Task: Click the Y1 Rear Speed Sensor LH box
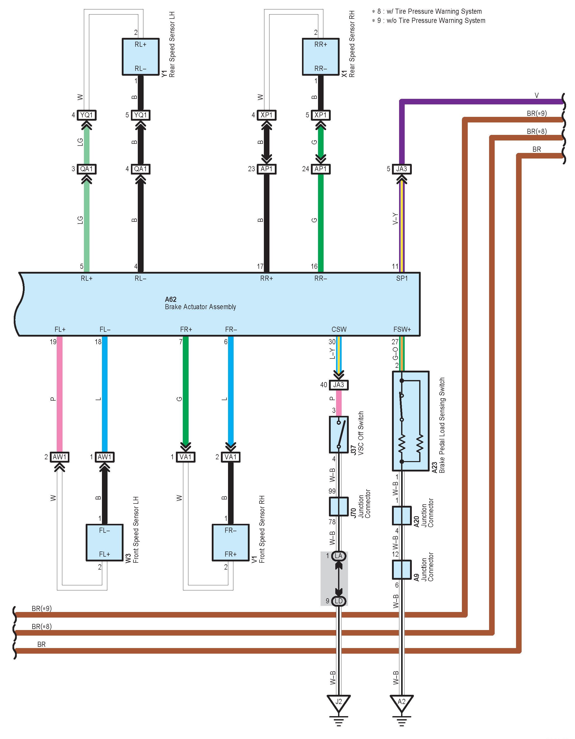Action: coord(141,56)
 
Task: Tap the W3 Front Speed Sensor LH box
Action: coord(104,542)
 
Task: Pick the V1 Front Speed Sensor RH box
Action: coord(231,542)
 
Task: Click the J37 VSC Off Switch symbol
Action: coord(339,434)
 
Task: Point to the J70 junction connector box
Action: coord(339,507)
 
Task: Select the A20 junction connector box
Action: coord(402,515)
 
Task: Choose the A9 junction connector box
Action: coord(402,570)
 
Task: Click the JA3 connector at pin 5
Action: coord(402,169)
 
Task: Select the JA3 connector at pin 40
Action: coord(339,385)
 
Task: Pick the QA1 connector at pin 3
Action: coord(86,169)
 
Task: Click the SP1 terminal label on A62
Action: coord(402,278)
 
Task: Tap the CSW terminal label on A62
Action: coord(339,329)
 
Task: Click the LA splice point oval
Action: coord(339,556)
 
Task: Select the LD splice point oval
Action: coord(339,601)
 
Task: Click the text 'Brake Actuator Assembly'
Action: coord(201,307)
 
